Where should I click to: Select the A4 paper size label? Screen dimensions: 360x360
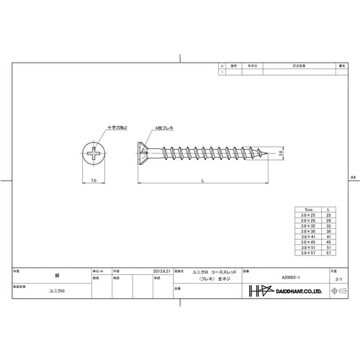pyautogui.click(x=352, y=177)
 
